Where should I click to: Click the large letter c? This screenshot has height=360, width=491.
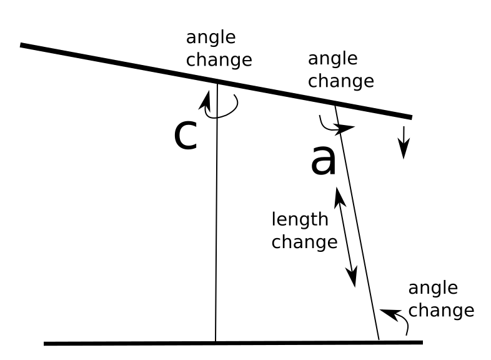coord(186,135)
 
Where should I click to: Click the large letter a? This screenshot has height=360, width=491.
coord(324,161)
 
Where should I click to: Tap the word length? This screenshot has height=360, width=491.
coord(299,220)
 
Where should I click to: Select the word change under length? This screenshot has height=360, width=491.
coord(304,242)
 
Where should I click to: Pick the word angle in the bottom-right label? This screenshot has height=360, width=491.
coord(433,288)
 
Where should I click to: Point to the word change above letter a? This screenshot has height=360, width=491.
coord(340,81)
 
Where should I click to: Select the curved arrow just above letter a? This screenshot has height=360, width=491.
coord(335,125)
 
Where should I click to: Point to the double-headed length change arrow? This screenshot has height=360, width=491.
coord(345,237)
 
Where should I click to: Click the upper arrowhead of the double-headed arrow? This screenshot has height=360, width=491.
coord(338,194)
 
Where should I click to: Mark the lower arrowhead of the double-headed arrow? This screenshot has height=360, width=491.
coord(353,279)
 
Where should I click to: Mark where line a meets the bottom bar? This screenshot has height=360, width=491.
coord(379,341)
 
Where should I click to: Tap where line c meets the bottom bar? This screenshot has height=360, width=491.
coord(216,342)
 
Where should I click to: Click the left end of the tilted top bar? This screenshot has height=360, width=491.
coord(22,45)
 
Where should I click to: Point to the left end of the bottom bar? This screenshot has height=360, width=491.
coord(45,343)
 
